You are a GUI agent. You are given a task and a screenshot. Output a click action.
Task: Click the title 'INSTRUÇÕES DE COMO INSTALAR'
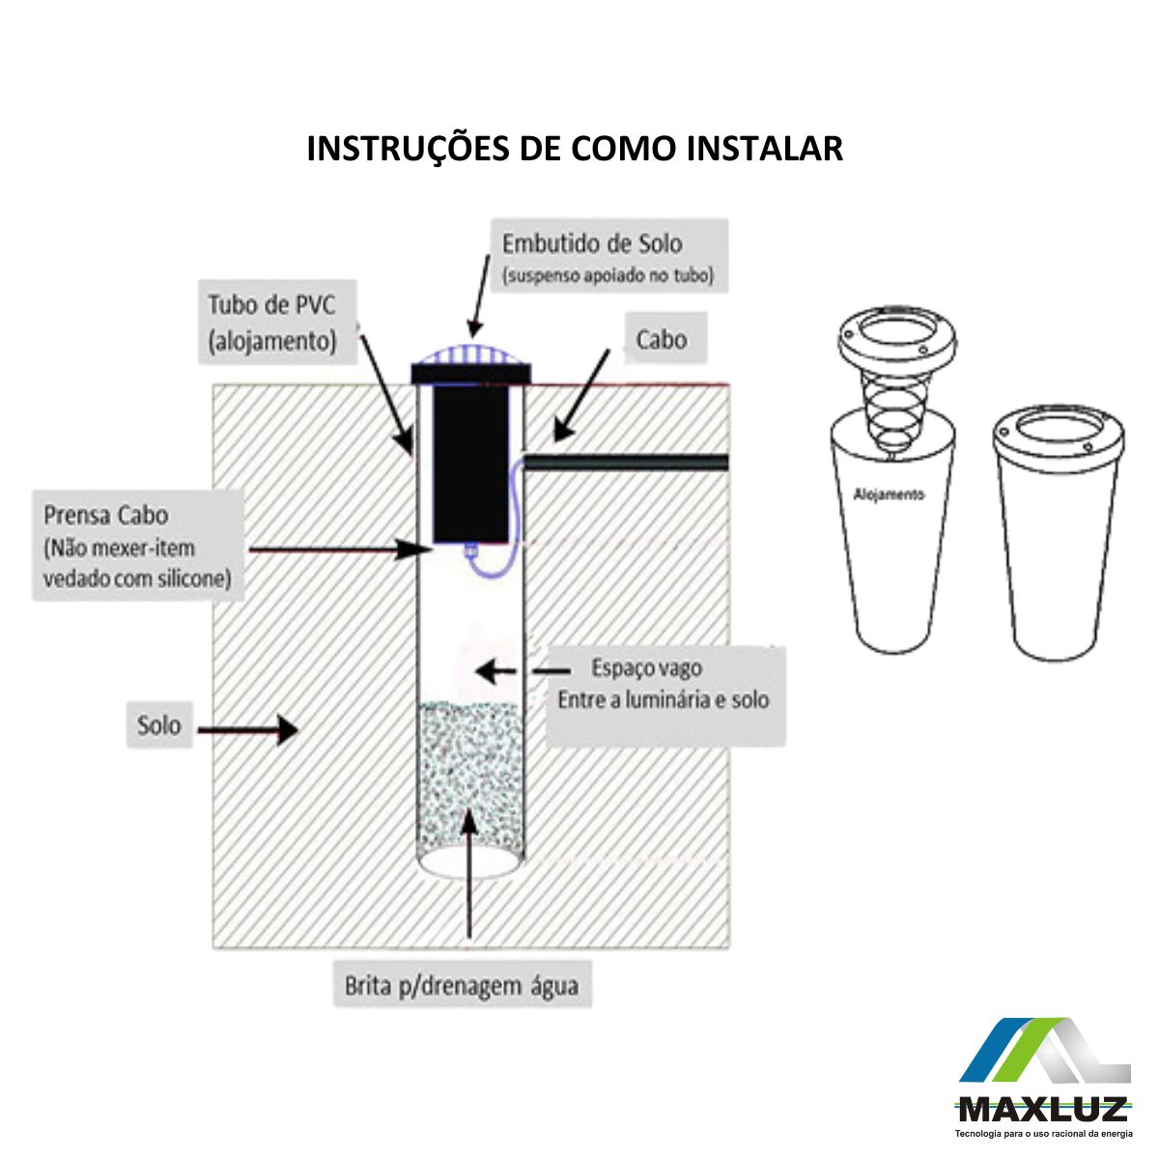(x=575, y=149)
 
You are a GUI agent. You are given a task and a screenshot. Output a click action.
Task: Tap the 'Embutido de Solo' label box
(x=609, y=256)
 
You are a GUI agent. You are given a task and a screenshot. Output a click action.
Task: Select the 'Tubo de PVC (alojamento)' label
(x=278, y=322)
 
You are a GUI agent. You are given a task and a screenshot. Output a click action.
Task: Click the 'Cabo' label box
(x=665, y=339)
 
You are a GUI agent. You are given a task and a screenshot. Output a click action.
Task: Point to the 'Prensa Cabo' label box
(x=138, y=545)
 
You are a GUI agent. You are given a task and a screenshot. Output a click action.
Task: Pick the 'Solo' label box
(x=159, y=724)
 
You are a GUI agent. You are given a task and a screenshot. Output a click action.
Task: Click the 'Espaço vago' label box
(x=665, y=695)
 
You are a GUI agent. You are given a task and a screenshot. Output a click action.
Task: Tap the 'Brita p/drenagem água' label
(x=463, y=985)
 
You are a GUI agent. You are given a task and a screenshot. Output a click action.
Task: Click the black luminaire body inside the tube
(x=471, y=465)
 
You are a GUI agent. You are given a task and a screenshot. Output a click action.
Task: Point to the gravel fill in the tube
(x=470, y=782)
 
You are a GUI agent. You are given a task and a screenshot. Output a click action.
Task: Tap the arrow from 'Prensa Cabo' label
(x=341, y=549)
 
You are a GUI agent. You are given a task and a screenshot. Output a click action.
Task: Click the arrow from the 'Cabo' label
(x=581, y=396)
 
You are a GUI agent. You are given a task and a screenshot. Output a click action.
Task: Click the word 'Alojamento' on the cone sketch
(x=889, y=495)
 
